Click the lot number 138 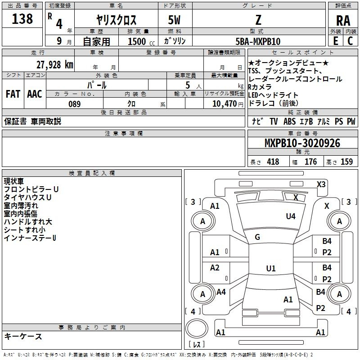[22, 18]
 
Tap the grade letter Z [258, 20]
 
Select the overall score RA [343, 21]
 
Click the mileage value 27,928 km [55, 65]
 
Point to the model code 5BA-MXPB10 [258, 41]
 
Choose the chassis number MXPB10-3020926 [302, 143]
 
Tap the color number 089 [75, 104]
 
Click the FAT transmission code [13, 94]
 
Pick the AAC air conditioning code [35, 94]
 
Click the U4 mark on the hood [291, 216]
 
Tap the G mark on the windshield [257, 237]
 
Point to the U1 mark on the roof [271, 268]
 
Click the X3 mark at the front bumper [321, 184]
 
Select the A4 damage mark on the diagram [221, 292]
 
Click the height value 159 [346, 162]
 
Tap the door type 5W [174, 20]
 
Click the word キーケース [23, 336]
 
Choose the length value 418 [273, 162]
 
